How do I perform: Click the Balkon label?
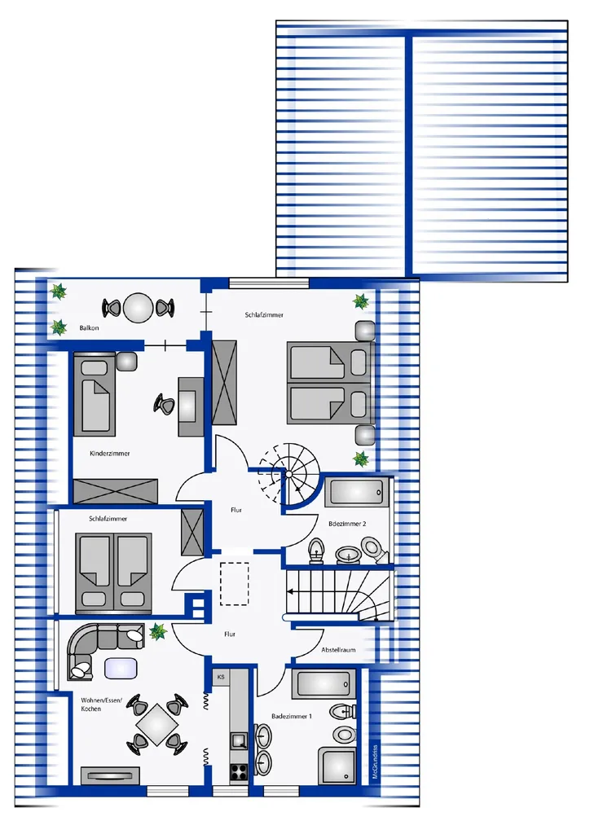click(x=89, y=328)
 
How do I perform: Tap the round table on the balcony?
click(x=139, y=308)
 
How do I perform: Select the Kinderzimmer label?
click(x=109, y=454)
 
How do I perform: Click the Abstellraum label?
click(x=338, y=650)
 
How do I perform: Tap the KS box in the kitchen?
click(x=221, y=678)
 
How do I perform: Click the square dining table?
click(x=156, y=724)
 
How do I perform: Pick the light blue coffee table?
click(x=122, y=668)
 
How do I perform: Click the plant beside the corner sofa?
click(x=157, y=632)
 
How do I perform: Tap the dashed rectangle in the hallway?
click(x=235, y=583)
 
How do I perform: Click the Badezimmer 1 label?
click(x=292, y=717)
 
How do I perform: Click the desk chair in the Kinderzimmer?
click(x=165, y=402)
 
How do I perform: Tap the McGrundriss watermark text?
click(x=376, y=762)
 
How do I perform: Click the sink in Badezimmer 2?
click(x=348, y=554)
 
